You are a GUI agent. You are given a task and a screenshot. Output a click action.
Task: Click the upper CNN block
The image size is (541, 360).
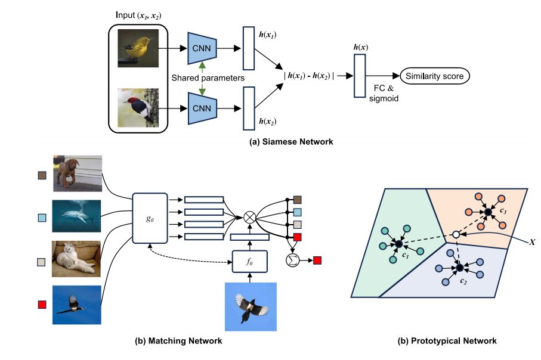202,48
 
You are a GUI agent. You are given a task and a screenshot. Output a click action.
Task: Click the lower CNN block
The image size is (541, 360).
202,108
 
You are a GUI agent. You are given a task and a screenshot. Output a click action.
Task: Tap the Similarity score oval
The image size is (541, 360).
435,76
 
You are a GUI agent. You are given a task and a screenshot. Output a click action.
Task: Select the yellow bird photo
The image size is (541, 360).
138,48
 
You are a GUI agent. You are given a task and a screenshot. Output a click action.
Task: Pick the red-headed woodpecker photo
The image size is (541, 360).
138,108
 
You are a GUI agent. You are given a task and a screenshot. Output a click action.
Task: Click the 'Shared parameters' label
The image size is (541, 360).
208,78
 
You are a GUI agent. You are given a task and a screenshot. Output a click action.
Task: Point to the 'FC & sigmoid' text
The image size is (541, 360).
384,94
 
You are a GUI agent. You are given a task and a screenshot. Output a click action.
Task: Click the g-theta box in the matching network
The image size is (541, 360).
150,218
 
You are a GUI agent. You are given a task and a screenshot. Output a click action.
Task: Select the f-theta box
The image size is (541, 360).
250,262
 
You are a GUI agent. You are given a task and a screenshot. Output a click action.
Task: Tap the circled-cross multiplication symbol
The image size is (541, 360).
249,218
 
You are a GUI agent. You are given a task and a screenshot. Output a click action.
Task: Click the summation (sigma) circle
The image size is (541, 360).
293,260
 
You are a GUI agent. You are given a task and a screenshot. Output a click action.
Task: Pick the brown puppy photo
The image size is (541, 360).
78,173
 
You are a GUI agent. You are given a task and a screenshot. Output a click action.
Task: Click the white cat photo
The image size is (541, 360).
76,259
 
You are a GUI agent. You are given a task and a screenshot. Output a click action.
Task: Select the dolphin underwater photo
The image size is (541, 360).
76,216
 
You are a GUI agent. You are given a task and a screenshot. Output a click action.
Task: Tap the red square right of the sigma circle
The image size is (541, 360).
317,260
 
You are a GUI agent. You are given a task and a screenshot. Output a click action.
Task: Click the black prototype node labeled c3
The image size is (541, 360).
487,212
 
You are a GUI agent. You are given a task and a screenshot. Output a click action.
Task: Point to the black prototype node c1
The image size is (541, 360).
399,244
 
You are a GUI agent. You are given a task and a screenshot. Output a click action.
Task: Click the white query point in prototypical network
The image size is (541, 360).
456,234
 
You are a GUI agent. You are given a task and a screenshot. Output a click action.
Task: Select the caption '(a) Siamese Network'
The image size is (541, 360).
291,142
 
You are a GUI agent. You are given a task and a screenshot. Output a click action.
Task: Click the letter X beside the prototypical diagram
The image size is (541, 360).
532,243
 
